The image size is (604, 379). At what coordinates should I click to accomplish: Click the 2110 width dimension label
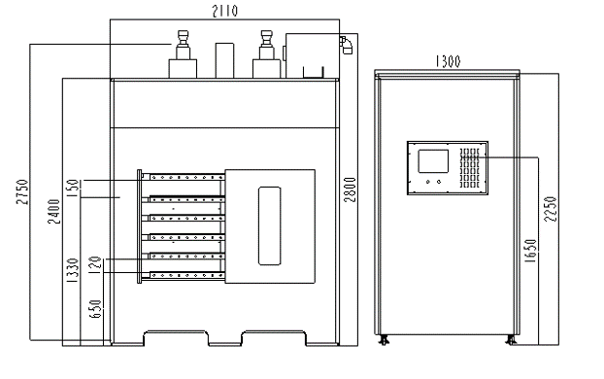coord(225,11)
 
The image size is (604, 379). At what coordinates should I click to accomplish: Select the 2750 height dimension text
coord(22,192)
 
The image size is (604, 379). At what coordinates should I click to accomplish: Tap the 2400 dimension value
coord(54,211)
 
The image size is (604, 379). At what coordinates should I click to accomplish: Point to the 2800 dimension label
coord(350,189)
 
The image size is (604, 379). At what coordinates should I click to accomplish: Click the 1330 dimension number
coord(73,271)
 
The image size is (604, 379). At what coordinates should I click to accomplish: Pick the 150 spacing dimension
coord(73,189)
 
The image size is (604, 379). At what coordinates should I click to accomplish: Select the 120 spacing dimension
coord(95,265)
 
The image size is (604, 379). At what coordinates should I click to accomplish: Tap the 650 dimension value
coord(95,309)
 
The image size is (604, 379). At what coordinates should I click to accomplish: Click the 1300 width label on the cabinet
coord(448,61)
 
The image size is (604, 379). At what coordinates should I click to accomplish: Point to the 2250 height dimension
coord(551,209)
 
